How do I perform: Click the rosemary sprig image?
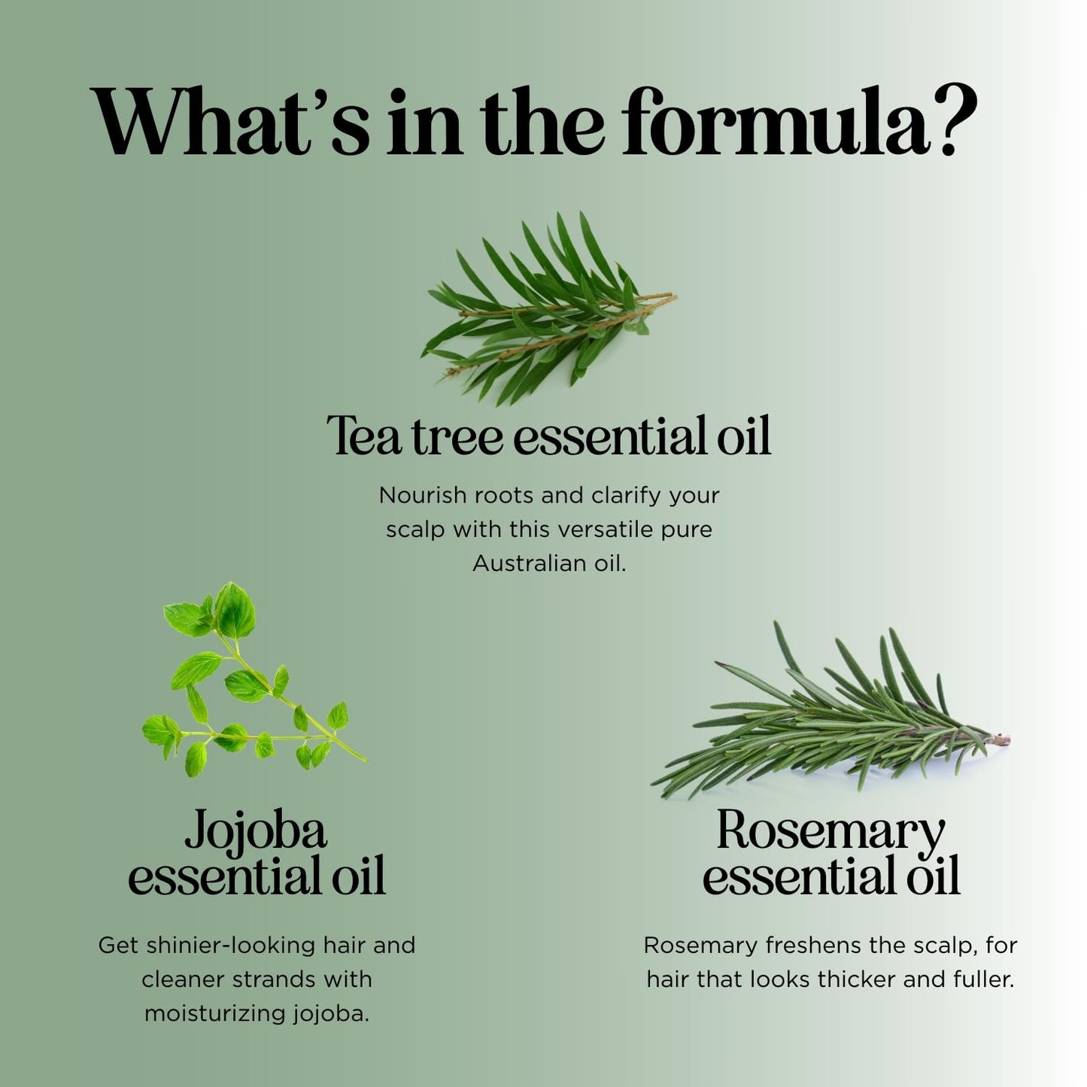pyautogui.click(x=827, y=718)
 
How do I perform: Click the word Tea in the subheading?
pyautogui.click(x=364, y=436)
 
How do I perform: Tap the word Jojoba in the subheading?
pyautogui.click(x=256, y=832)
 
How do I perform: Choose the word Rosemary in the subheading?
pyautogui.click(x=830, y=832)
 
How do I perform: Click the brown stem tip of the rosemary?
pyautogui.click(x=1003, y=740)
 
